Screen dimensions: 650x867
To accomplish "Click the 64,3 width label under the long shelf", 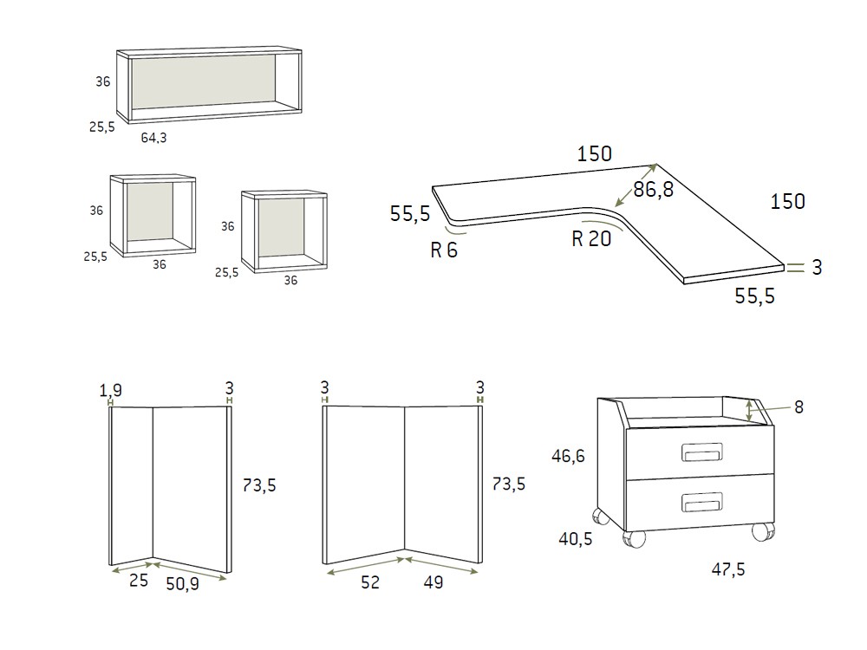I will (154, 137).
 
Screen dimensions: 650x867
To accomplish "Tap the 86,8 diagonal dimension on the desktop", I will (653, 190).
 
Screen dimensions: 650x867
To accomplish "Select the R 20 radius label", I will (591, 239).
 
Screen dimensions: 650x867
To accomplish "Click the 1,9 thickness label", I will (111, 390).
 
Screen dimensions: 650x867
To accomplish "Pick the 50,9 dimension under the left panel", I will (182, 582).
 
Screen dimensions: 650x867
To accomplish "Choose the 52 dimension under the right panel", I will (369, 582).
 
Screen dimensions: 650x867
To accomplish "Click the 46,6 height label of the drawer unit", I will (570, 455).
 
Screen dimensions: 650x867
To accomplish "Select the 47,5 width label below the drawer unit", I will (727, 569).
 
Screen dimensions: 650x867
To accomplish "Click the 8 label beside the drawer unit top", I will (799, 406).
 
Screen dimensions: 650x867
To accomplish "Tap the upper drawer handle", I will (700, 452).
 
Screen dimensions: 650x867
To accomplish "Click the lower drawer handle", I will (700, 501).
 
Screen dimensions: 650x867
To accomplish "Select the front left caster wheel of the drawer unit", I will (634, 539).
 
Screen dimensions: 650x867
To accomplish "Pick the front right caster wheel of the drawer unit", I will (762, 531).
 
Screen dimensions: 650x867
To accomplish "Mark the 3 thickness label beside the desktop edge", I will (816, 268).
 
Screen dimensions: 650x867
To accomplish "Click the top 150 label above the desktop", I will (595, 154).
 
